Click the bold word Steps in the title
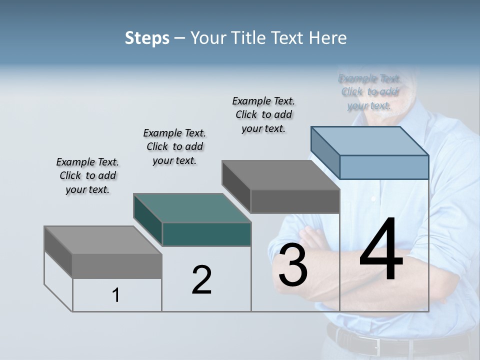click(147, 38)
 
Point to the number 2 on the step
click(201, 280)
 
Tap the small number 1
click(116, 295)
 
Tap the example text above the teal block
click(174, 146)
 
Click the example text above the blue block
click(370, 91)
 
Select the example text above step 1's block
click(87, 175)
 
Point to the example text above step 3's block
click(263, 114)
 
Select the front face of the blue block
click(384, 167)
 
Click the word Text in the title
click(291, 38)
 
